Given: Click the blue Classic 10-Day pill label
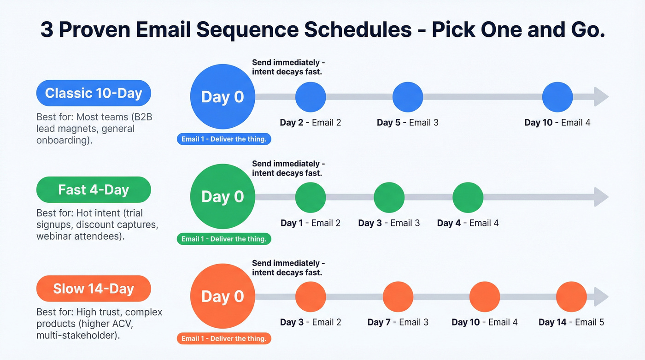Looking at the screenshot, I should (94, 93).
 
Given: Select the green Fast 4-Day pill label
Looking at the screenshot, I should (94, 190).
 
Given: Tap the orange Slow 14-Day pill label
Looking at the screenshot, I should (94, 289).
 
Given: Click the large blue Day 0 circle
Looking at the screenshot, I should (223, 97).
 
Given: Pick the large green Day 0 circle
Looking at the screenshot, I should (223, 196).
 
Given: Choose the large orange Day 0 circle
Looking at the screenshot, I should (223, 296).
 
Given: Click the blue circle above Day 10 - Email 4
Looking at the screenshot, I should (557, 97).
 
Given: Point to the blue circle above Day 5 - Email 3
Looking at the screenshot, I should (407, 97).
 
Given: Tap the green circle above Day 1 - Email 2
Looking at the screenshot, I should (310, 197).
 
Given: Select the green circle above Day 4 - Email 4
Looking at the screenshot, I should (468, 197).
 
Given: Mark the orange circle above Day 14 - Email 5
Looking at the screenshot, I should (571, 296).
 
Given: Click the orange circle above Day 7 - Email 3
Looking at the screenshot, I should (398, 296).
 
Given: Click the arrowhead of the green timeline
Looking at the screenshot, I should (601, 197).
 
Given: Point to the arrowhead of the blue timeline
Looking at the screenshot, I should (601, 97).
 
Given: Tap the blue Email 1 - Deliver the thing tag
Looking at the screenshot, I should (224, 139).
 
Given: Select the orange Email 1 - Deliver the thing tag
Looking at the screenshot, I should (224, 339).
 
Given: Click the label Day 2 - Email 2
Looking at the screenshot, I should (310, 123).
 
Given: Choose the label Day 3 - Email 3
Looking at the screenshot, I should (389, 223).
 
